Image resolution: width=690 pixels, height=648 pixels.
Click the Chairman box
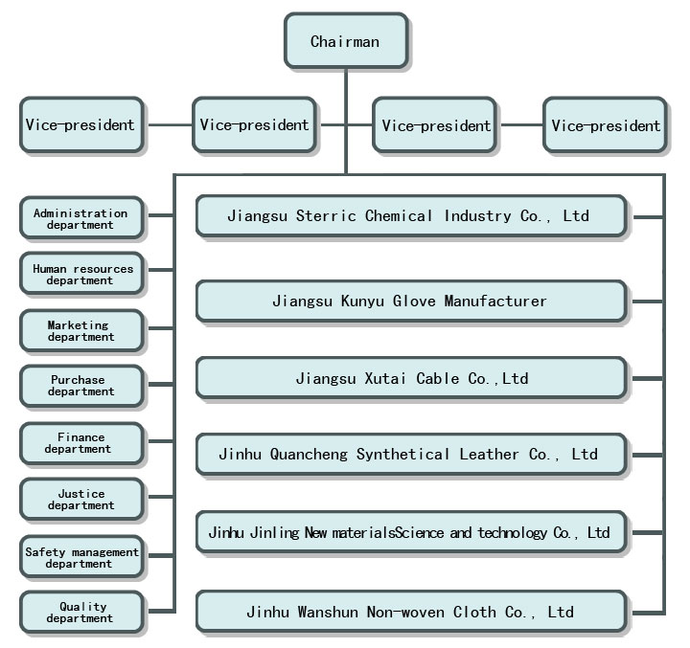(x=345, y=41)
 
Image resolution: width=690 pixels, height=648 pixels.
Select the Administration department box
(x=80, y=219)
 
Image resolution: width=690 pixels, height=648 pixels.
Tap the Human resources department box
(x=82, y=275)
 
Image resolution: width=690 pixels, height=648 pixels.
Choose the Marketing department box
(x=80, y=331)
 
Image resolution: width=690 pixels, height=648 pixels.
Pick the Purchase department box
(x=80, y=386)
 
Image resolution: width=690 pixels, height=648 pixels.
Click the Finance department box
(x=80, y=443)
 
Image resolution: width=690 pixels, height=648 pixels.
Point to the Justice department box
(x=80, y=500)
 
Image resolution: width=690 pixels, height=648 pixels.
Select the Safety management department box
(x=82, y=558)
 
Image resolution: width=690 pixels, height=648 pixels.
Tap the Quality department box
(x=82, y=613)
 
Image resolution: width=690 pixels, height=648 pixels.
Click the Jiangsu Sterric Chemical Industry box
(x=410, y=216)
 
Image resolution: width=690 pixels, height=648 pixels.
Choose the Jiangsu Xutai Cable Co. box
(x=410, y=378)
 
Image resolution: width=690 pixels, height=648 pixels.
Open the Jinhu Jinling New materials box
(x=410, y=532)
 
